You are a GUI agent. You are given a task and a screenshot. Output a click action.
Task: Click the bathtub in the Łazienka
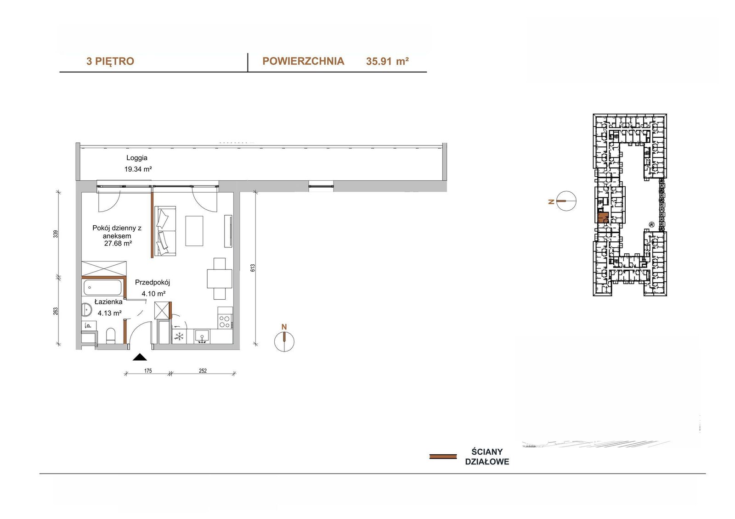[103, 288]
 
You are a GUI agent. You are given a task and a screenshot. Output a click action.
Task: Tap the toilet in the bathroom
[111, 336]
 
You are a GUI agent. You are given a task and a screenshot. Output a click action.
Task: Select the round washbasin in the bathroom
[87, 309]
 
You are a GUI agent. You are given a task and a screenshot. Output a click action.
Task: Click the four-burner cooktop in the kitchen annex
[225, 321]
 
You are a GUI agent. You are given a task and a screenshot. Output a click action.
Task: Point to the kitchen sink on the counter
[202, 336]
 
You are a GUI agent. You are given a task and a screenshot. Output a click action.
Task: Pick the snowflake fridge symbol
[179, 336]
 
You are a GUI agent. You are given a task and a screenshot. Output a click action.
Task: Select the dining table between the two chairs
[220, 279]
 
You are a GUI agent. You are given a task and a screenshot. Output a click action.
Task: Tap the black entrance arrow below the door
[140, 357]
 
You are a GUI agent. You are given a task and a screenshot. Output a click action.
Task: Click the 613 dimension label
[253, 268]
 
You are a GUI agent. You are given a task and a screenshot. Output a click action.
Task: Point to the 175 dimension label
[148, 371]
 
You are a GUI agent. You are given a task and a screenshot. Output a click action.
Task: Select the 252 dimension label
[203, 371]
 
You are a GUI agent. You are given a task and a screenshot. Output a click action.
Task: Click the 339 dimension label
[56, 234]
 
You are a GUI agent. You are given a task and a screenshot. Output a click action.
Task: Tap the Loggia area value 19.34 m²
[138, 169]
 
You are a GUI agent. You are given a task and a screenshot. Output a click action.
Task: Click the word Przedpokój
[153, 282]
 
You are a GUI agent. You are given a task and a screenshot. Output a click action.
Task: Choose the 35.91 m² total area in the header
[387, 61]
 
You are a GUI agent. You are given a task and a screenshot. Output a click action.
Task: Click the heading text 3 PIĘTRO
[110, 61]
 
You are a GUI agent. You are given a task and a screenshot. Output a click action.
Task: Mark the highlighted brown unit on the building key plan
[603, 218]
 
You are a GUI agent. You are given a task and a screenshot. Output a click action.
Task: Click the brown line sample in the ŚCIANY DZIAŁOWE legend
[443, 457]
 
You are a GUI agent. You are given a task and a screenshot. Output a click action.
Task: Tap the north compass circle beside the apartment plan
[284, 341]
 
